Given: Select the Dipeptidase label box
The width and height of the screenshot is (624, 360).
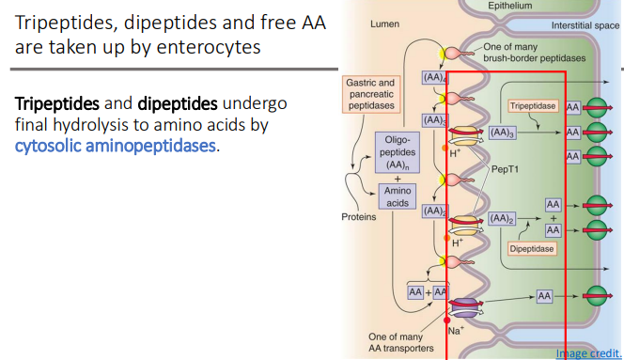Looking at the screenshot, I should pyautogui.click(x=531, y=249).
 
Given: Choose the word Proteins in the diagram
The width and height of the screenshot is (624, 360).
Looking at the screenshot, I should pyautogui.click(x=358, y=217).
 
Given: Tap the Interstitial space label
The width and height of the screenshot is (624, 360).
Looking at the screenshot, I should pyautogui.click(x=585, y=25).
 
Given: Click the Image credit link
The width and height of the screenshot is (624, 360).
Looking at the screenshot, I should pyautogui.click(x=586, y=352).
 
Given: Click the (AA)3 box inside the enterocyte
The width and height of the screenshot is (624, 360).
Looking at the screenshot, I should pyautogui.click(x=503, y=133).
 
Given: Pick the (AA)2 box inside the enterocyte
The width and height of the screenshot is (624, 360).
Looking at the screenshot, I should pyautogui.click(x=503, y=218).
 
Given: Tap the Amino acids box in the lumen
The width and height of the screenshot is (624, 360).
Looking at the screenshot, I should pyautogui.click(x=396, y=196).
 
